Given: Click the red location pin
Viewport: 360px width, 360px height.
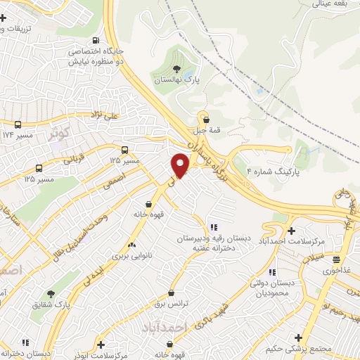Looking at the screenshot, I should coord(181,165).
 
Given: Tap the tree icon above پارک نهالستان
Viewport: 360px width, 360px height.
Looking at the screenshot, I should coord(176,69).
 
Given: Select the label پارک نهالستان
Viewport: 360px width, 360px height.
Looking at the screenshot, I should coord(178,81).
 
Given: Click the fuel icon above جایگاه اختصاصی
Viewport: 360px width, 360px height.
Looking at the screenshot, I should coord(96,40).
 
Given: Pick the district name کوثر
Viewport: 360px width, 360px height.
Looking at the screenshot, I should coord(60,132).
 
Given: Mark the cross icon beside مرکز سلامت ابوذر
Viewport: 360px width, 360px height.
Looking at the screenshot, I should coord(101,345).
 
